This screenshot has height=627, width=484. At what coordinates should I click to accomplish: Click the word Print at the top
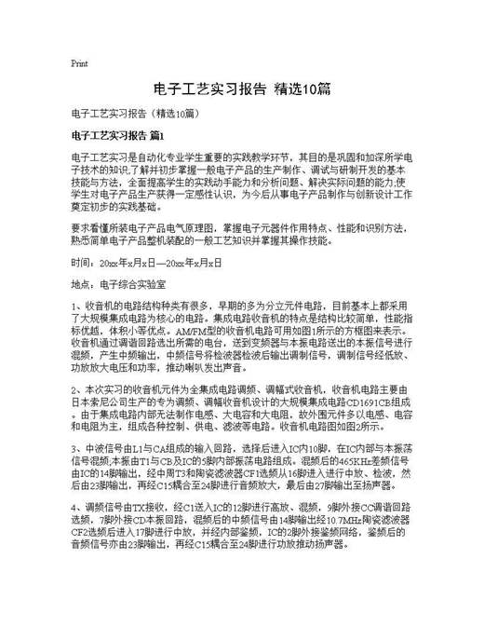[x=79, y=64]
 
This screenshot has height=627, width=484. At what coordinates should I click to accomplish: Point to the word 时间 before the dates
[x=81, y=264]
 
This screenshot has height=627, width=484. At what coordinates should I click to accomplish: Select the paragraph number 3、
[x=76, y=448]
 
